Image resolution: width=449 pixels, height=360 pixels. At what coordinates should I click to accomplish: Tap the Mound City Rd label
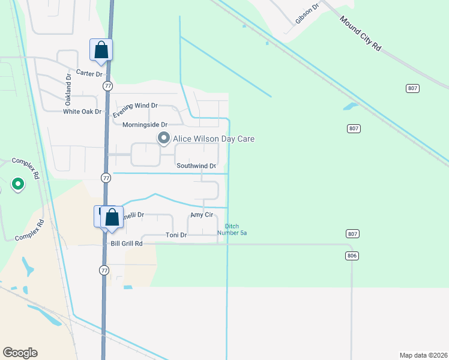point(360,33)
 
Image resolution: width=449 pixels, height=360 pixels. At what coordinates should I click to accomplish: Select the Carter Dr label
point(89,73)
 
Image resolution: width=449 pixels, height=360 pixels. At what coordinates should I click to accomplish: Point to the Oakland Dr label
point(68,87)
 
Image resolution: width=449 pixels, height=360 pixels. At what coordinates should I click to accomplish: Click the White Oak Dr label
point(83,112)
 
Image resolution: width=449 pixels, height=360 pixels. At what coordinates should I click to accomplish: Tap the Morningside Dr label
point(144,125)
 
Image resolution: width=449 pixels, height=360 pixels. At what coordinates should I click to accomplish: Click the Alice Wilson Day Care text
point(214,139)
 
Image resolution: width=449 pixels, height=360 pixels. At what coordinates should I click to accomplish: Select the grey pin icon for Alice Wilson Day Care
point(163,139)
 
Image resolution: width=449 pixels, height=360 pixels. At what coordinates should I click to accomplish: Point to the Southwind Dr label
point(196,166)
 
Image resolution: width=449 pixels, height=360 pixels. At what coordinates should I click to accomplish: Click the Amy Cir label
point(202,215)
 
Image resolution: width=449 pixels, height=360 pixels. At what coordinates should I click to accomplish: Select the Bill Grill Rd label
point(127,244)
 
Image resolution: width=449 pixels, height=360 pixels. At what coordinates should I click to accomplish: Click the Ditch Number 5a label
point(232,229)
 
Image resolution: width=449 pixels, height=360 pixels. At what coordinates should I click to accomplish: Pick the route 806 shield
point(352,256)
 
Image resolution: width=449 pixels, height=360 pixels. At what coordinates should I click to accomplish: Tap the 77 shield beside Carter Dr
point(107,86)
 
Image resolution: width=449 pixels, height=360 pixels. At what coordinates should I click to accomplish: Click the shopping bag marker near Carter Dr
point(101,49)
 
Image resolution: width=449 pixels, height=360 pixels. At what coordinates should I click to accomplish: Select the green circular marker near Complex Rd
point(18,184)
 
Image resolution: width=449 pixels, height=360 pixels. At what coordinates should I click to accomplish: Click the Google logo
point(20,352)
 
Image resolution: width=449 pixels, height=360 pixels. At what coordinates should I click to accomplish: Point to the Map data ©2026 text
point(423,355)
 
